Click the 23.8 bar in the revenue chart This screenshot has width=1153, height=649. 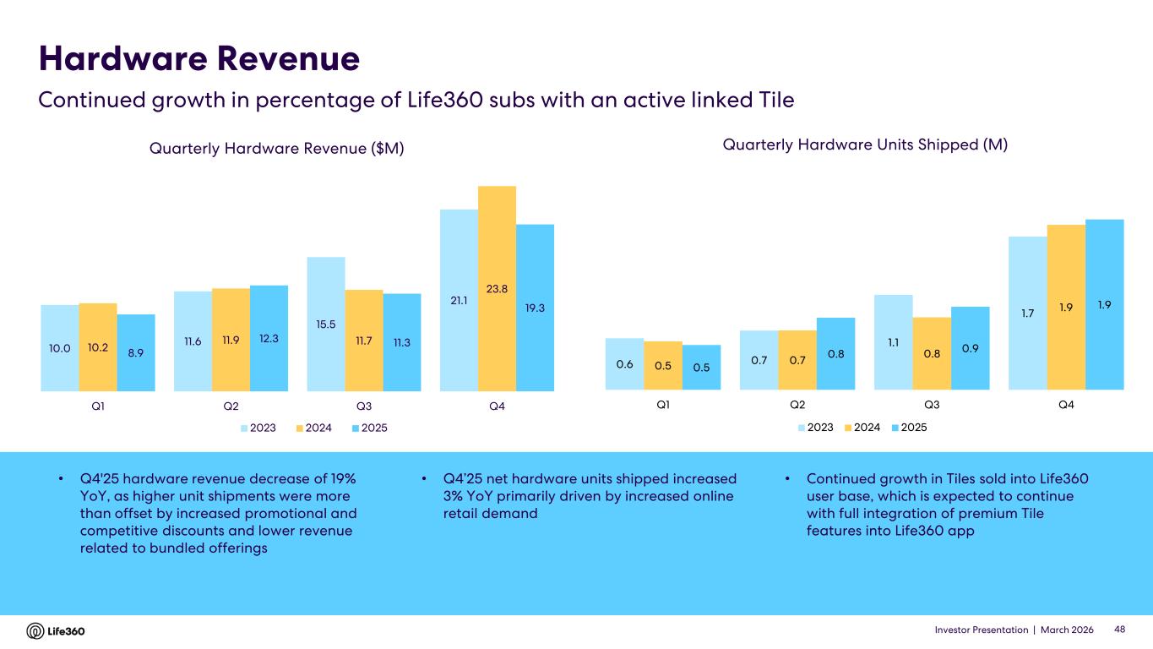pos(497,288)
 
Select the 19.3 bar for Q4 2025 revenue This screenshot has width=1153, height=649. pos(535,308)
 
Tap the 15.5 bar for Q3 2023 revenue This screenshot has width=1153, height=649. pos(326,324)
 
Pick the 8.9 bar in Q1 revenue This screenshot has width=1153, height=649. pos(136,352)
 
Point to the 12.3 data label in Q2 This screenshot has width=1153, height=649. pos(269,338)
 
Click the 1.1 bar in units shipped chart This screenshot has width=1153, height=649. pos(893,341)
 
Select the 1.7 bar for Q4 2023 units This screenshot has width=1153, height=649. pos(1028,313)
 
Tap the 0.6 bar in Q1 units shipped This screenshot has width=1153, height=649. pos(624,363)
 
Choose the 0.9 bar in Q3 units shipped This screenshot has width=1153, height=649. pos(970,347)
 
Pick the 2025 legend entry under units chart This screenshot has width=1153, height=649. pos(907,428)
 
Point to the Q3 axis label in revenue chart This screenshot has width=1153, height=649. pos(364,406)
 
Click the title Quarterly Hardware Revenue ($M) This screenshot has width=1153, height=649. pos(276,149)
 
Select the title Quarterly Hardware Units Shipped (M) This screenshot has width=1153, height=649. pos(866,145)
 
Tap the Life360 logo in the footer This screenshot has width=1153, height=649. pos(56,631)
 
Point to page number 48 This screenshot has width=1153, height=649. pos(1121,630)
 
